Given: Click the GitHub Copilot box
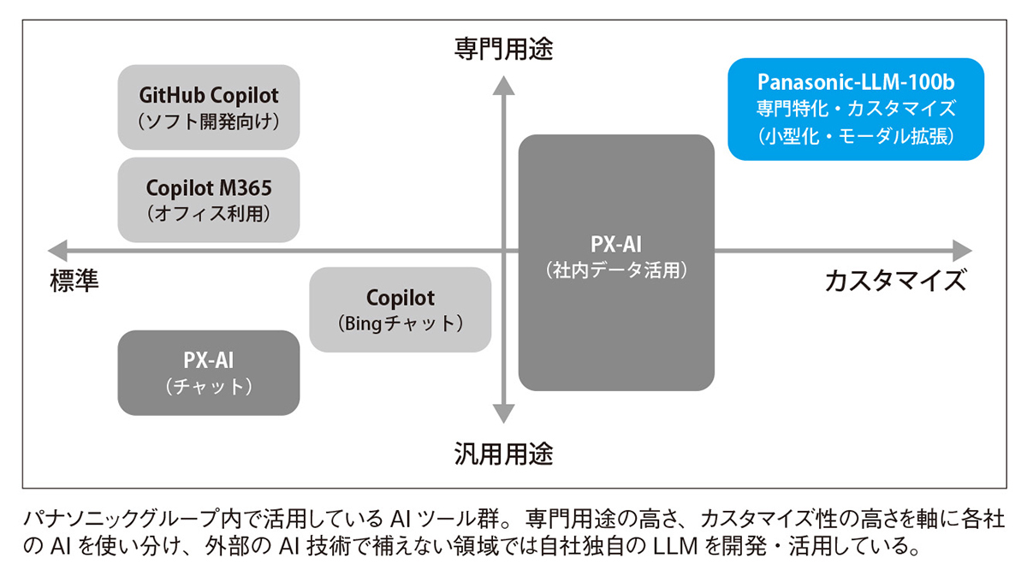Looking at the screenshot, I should click(x=209, y=106).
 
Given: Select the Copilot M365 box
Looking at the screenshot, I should click(x=209, y=199).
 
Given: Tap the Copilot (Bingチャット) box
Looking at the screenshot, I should click(x=400, y=310).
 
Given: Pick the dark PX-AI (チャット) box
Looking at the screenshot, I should click(x=209, y=372).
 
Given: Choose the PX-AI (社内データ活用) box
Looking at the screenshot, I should click(x=616, y=262).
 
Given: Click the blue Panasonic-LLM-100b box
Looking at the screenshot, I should click(x=856, y=109).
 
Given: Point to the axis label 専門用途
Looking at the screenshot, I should click(x=503, y=50).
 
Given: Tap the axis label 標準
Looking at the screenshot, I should click(x=74, y=281).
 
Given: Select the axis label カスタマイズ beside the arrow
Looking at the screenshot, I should click(x=895, y=281).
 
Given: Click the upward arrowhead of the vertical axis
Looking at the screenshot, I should click(x=503, y=82).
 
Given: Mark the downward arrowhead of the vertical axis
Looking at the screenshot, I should click(x=503, y=416).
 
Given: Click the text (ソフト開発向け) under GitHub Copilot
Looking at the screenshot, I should click(x=209, y=122).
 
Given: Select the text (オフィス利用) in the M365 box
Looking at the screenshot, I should click(x=209, y=213).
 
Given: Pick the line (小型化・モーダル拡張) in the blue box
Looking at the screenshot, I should click(x=856, y=135).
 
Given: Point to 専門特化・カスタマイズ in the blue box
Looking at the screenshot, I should click(x=856, y=109).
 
